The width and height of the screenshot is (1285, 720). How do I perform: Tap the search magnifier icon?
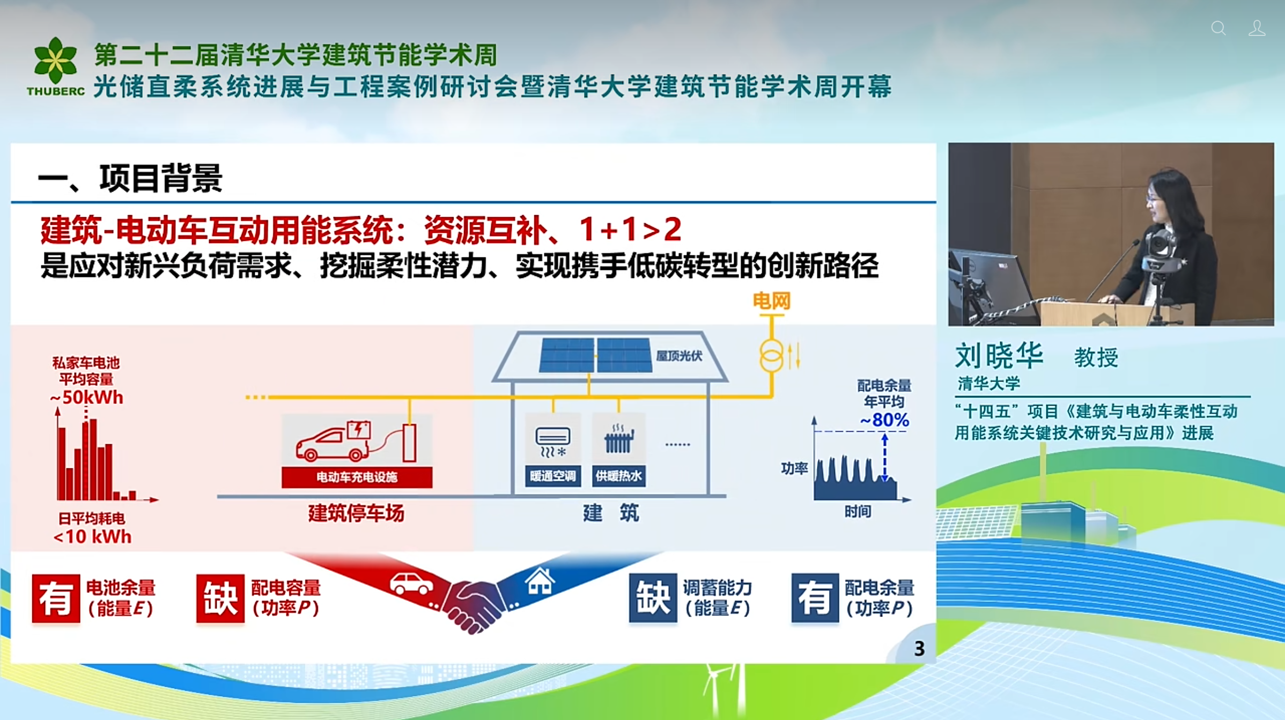click(1218, 28)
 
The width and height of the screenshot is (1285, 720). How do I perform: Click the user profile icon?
click(1257, 28)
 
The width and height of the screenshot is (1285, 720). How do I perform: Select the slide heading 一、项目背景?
click(130, 178)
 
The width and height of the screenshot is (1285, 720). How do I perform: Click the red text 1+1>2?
click(630, 230)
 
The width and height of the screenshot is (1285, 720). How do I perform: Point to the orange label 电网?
click(771, 301)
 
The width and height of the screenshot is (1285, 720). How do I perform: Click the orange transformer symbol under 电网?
click(771, 356)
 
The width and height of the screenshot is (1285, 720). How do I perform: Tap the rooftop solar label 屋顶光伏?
click(679, 356)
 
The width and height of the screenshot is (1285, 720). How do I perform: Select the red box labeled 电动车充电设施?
click(357, 477)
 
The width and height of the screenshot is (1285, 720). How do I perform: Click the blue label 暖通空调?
click(552, 476)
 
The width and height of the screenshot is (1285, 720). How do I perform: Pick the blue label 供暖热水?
click(618, 476)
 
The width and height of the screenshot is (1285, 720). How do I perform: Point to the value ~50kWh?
click(87, 398)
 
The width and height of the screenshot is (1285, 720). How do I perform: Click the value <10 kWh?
click(92, 536)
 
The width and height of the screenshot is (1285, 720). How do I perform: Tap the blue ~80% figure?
click(884, 420)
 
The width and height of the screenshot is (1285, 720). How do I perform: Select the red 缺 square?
click(220, 598)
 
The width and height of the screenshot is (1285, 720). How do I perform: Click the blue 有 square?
click(815, 598)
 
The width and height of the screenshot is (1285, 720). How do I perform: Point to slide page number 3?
click(919, 649)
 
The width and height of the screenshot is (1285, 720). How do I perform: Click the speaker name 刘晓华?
click(999, 356)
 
